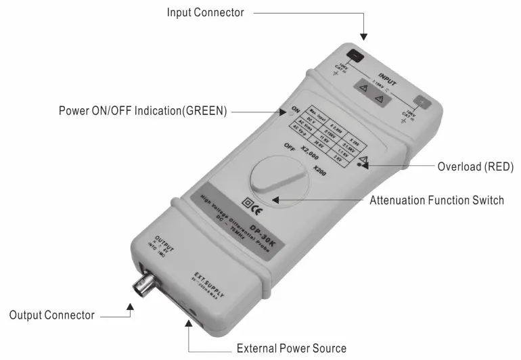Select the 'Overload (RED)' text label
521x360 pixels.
coord(476,166)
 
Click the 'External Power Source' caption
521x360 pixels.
coord(291,348)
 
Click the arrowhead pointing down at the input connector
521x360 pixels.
coord(364,35)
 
